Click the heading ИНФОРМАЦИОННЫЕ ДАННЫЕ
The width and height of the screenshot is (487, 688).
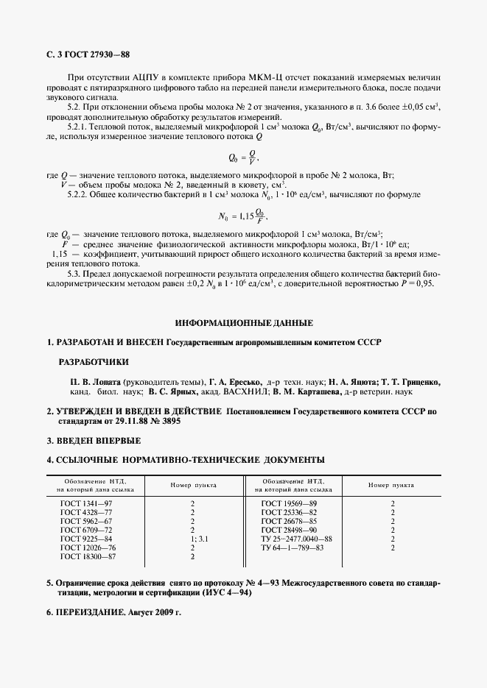pyautogui.click(x=244, y=322)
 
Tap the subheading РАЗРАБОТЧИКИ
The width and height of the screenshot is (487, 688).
pyautogui.click(x=93, y=361)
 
